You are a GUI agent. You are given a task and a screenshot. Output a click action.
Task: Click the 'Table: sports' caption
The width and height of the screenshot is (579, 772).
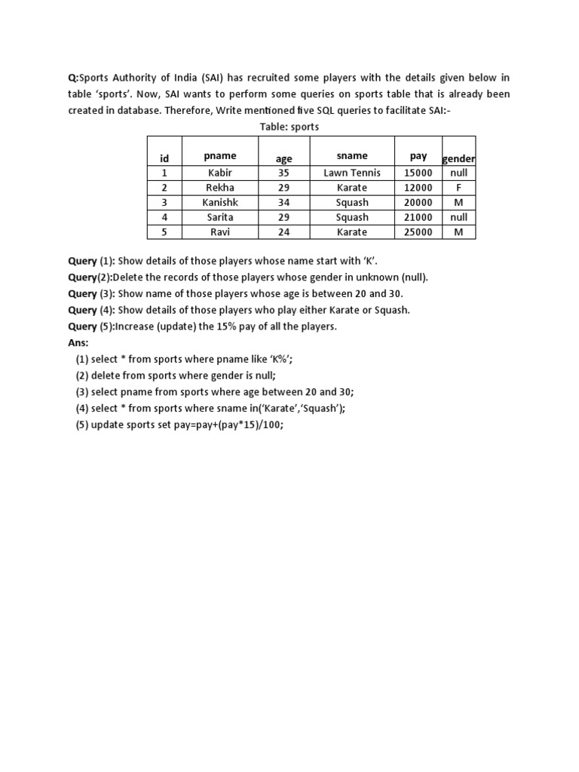coord(289,127)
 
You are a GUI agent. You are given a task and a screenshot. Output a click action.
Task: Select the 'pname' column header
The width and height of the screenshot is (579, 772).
coord(220,156)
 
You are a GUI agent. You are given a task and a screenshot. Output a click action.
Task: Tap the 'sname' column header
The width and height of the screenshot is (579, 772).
coord(352,156)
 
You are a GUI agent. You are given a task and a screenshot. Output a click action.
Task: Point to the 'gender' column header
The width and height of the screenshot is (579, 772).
coord(458,159)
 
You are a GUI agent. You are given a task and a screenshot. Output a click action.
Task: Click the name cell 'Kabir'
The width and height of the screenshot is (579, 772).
coord(220,173)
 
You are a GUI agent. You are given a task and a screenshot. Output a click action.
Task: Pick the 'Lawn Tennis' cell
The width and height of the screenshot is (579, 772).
coord(352,173)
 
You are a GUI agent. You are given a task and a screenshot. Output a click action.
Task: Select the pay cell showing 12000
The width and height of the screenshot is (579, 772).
coord(418,188)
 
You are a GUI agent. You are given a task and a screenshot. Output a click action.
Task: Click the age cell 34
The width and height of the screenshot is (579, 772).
coord(286,203)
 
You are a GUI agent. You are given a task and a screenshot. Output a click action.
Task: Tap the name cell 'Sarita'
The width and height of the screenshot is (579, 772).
coord(220,217)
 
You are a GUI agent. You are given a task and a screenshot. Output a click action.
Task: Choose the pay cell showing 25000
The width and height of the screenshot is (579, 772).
coord(418,232)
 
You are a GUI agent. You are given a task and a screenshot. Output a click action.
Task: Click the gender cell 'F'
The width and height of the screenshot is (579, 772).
coord(458,188)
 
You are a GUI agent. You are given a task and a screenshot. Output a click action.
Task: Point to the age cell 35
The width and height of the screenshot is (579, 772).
coord(286,173)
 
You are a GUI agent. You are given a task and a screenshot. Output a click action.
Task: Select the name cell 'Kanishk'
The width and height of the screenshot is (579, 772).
coord(220,203)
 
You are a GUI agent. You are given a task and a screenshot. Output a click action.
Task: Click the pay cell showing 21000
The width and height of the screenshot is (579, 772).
coord(418,217)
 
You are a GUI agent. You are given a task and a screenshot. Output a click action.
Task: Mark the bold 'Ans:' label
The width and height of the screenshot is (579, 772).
coord(78,342)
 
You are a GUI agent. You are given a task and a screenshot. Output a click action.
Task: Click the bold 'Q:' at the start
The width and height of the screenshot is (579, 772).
coord(73,78)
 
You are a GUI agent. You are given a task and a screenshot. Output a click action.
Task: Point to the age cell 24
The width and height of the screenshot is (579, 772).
coord(286,232)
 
